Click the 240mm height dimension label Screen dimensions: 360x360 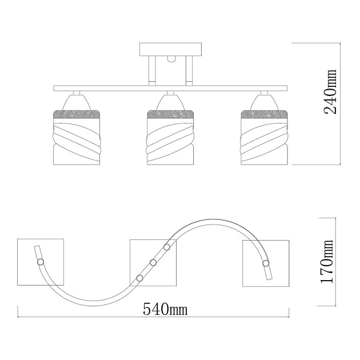[330, 91]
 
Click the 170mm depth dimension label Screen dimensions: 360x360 [327, 262]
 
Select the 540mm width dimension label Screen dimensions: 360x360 [165, 309]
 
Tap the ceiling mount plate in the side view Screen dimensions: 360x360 [171, 49]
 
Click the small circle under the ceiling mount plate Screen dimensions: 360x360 [171, 59]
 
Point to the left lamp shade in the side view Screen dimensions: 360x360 [77, 138]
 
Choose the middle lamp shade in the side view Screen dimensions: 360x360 [171, 138]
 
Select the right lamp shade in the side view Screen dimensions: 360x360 [264, 138]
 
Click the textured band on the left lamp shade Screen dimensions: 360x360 [77, 114]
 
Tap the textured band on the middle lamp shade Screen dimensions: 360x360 [171, 114]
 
